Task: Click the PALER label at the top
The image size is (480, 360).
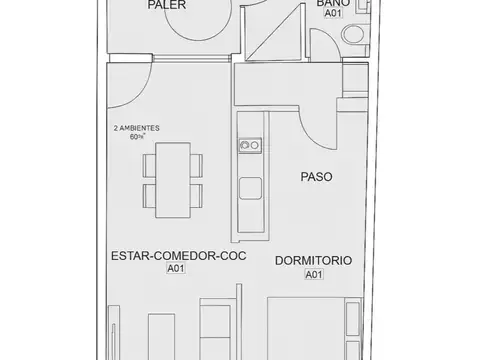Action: point(167,6)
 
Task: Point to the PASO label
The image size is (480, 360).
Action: point(316,177)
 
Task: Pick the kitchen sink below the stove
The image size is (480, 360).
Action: point(248,186)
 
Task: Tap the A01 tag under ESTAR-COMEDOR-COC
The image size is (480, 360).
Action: point(176,269)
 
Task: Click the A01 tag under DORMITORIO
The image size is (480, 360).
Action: point(313,274)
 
